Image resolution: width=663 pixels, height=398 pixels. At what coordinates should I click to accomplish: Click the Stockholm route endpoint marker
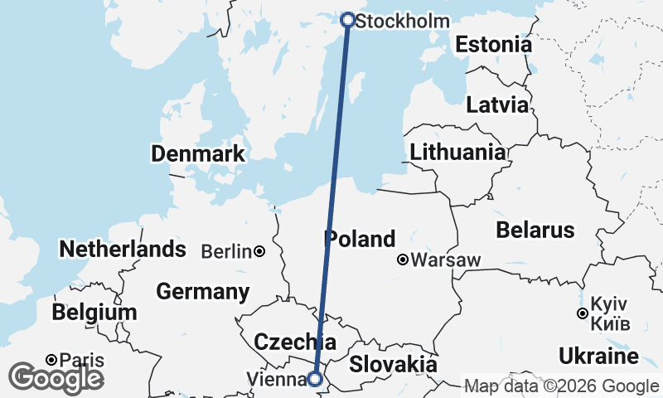[x=348, y=20]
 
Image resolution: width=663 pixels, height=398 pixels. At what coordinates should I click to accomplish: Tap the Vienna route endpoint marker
[x=315, y=380]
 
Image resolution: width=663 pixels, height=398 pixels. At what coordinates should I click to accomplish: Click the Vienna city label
[x=276, y=380]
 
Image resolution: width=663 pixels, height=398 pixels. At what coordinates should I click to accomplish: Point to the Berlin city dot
[x=259, y=251]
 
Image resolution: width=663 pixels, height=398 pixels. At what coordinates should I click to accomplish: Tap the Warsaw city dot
[x=403, y=260]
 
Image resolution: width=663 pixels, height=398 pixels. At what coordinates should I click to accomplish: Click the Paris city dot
[x=51, y=360]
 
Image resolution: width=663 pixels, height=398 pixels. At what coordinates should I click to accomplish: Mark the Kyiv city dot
[x=583, y=313]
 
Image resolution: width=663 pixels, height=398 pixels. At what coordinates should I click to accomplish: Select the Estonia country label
[x=494, y=44]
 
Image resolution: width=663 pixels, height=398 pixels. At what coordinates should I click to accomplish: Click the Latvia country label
[x=497, y=105]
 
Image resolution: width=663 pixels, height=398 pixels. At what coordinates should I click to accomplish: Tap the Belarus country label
[x=535, y=230]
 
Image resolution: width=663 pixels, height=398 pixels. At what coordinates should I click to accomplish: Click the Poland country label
[x=359, y=240]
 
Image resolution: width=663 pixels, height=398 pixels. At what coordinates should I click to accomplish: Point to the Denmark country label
[x=198, y=153]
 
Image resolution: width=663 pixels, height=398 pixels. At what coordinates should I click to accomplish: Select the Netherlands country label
[x=122, y=249]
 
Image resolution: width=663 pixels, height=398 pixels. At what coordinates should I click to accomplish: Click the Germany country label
[x=202, y=292]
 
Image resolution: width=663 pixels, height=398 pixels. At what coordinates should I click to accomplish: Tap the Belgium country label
[x=94, y=313]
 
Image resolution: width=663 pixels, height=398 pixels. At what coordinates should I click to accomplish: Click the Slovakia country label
[x=393, y=364]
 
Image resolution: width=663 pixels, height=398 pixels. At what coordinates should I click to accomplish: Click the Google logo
[x=56, y=378]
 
